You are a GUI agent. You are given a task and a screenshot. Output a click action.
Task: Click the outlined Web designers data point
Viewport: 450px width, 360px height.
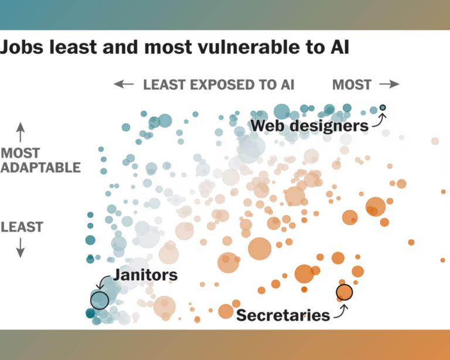383,107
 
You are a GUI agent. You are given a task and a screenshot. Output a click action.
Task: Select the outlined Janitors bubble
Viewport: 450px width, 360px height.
100,300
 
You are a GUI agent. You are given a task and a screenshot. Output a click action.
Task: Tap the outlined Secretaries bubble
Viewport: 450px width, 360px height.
345,291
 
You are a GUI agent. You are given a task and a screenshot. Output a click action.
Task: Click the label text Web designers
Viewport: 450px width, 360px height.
309,125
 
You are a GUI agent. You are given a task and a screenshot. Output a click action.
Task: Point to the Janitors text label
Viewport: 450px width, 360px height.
145,274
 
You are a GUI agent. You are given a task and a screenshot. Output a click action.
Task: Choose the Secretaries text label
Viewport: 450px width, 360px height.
283,315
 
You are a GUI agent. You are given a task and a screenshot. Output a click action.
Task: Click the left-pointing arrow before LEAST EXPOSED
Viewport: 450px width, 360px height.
124,84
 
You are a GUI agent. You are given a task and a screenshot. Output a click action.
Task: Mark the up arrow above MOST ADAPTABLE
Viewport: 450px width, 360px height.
21,131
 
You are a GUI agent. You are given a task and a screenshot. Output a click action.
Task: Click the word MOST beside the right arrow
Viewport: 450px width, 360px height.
352,84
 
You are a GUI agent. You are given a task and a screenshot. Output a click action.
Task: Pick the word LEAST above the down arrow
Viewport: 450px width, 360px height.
22,227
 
